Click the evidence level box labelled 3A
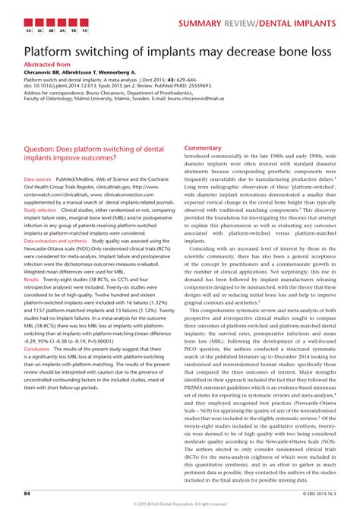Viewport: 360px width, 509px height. [x=29, y=33]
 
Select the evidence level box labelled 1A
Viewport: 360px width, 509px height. [x=85, y=33]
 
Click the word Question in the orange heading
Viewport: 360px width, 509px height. [x=45, y=150]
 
